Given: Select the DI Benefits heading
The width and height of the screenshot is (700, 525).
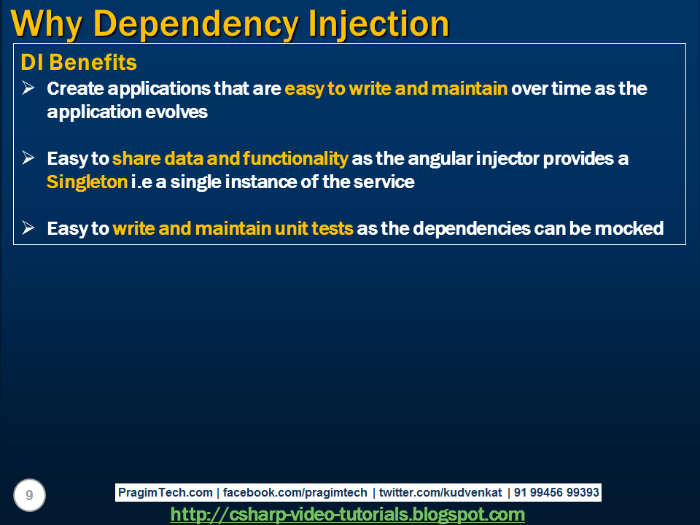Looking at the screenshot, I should tap(79, 63).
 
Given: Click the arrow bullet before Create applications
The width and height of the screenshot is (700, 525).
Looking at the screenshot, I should tap(28, 88).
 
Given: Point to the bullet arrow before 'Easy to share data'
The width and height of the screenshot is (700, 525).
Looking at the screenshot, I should tap(28, 158).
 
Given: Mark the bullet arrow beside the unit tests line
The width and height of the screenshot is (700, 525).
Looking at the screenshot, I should tap(28, 228).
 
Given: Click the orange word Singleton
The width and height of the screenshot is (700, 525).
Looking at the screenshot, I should tap(87, 182).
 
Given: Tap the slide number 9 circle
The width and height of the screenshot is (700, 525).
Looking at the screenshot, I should tap(29, 496).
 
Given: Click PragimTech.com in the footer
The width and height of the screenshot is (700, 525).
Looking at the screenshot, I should tap(165, 493).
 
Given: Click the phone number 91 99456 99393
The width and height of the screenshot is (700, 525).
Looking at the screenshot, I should tap(556, 493).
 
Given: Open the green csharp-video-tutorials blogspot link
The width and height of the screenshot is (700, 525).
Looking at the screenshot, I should tap(348, 515).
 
